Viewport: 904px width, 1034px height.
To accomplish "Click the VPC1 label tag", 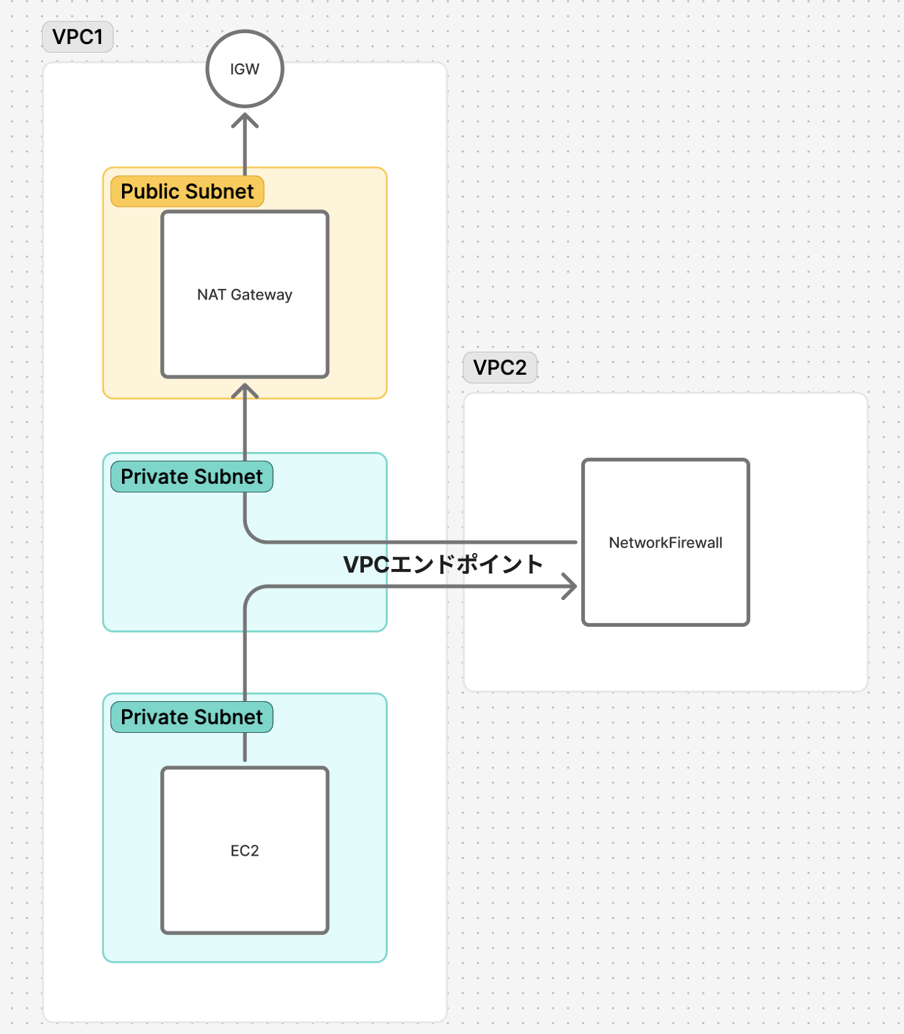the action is pyautogui.click(x=77, y=37).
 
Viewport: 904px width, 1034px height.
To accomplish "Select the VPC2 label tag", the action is pyautogui.click(x=500, y=368).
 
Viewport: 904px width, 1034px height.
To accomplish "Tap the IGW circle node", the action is pyautogui.click(x=245, y=69).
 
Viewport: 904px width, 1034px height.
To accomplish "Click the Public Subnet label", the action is pyautogui.click(x=187, y=191).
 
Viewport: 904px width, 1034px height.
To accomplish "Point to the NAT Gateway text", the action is pyautogui.click(x=245, y=294).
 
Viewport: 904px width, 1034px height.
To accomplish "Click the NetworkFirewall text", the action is pyautogui.click(x=666, y=542).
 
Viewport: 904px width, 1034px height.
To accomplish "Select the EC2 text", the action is pyautogui.click(x=245, y=851).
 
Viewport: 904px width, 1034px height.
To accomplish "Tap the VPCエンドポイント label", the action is pyautogui.click(x=443, y=564).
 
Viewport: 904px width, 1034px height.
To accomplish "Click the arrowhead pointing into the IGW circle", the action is pyautogui.click(x=245, y=120).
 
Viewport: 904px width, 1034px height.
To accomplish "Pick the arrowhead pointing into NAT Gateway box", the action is pyautogui.click(x=245, y=390).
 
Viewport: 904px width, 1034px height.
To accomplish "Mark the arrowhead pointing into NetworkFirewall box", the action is pyautogui.click(x=570, y=586).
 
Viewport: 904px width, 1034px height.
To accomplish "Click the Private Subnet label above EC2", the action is pyautogui.click(x=192, y=716).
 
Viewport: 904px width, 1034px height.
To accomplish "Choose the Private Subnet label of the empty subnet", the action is pyautogui.click(x=192, y=477).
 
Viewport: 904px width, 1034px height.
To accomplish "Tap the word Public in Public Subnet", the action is pyautogui.click(x=150, y=191).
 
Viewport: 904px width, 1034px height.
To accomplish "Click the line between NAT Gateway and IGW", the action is pyautogui.click(x=245, y=144).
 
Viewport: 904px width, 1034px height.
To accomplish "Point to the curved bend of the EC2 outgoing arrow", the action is pyautogui.click(x=252, y=593).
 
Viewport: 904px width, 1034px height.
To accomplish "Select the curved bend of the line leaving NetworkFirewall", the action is pyautogui.click(x=252, y=536).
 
